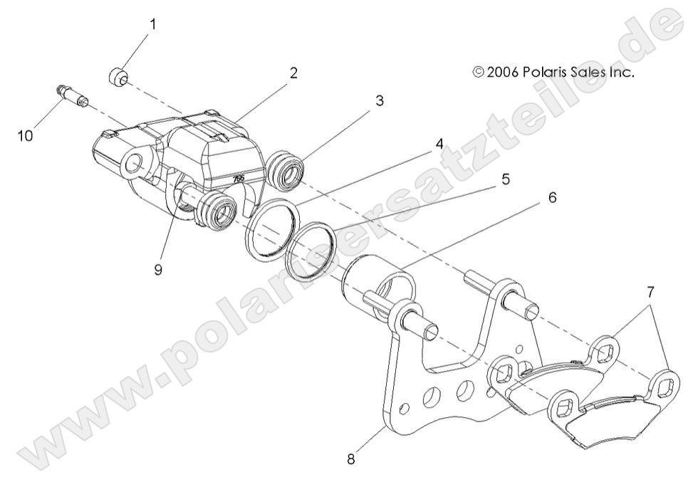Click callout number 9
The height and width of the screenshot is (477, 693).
coord(157,268)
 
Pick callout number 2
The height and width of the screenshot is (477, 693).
coord(293,73)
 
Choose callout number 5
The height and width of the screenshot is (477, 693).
coord(505,179)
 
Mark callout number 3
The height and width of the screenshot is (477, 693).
coord(380,101)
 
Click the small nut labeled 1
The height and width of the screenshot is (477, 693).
coord(118,75)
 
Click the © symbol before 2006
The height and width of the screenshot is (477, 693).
coord(477,72)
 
